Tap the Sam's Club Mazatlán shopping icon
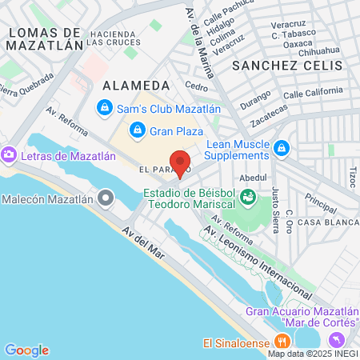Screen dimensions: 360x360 point(103,106)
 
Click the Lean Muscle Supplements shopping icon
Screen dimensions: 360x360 point(282,148)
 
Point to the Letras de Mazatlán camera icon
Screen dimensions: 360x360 point(10,153)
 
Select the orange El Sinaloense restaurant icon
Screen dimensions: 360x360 point(281,342)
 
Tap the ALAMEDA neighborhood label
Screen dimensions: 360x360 point(137,85)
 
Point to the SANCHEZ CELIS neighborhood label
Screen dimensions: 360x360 point(287,65)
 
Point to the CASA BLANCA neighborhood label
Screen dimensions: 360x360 point(328,222)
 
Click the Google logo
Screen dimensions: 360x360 point(26,350)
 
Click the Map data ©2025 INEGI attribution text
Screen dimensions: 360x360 point(312,354)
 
